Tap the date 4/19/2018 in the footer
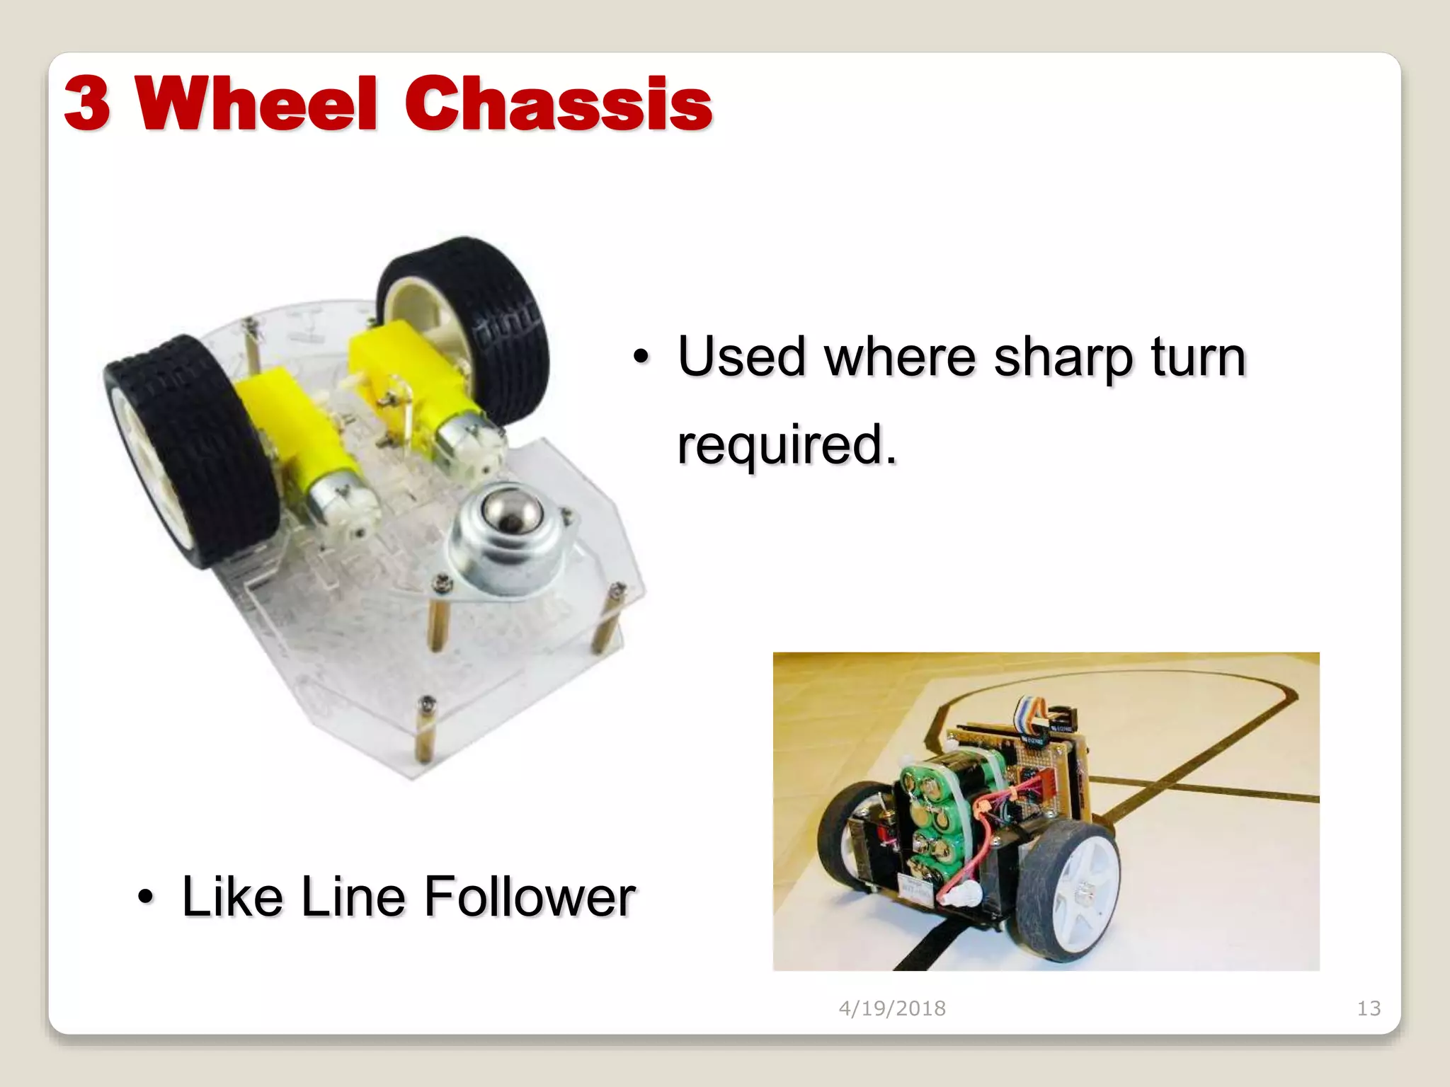892,1008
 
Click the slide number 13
1369,1008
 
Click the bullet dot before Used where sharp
641,357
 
